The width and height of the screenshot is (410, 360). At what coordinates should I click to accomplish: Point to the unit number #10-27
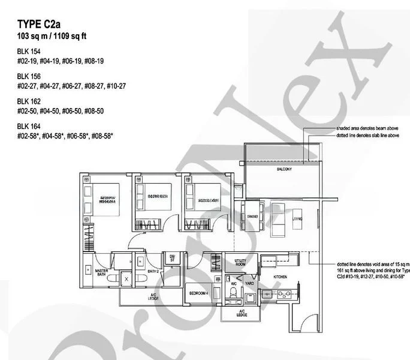[116, 85]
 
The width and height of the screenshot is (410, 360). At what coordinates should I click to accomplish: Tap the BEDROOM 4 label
[198, 294]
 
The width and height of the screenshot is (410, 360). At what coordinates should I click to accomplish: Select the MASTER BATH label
[105, 274]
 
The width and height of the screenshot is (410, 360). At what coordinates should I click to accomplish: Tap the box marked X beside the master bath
[126, 279]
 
